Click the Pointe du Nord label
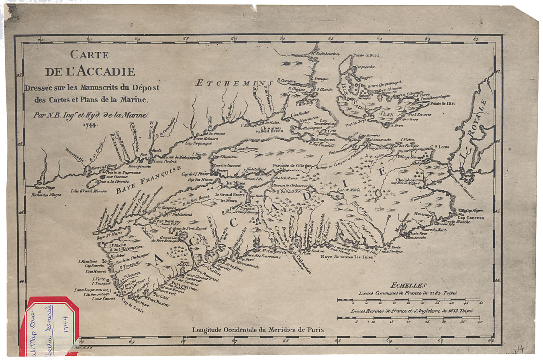pyautogui.click(x=365, y=55)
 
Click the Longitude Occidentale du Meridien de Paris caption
pyautogui.click(x=257, y=330)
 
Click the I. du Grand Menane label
pyautogui.click(x=88, y=191)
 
